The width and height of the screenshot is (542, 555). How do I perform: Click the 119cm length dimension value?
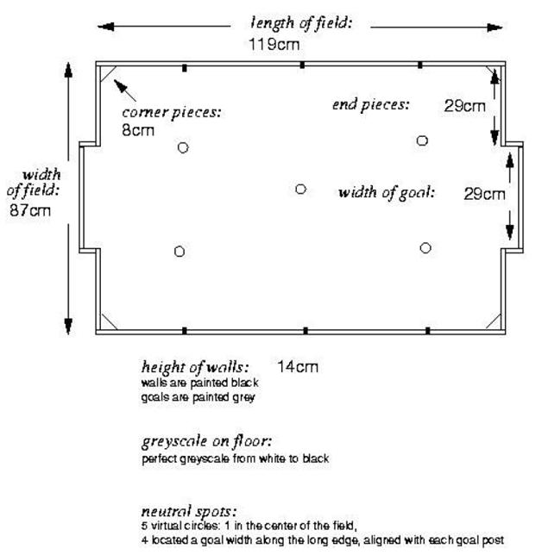(274, 45)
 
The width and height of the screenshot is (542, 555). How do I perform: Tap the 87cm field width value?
(30, 210)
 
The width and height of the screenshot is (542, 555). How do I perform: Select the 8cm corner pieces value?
(138, 130)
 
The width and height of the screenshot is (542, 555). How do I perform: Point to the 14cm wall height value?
(298, 367)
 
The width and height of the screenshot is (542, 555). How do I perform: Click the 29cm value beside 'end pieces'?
(464, 106)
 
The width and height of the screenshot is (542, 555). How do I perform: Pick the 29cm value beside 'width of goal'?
(484, 194)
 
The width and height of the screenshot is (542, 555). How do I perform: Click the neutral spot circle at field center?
(300, 189)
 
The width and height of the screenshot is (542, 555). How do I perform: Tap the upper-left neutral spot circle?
(183, 147)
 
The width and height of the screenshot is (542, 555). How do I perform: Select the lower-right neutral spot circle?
(425, 248)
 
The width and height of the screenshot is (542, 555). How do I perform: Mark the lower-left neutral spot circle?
(180, 252)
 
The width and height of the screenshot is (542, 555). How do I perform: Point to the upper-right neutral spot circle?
(422, 140)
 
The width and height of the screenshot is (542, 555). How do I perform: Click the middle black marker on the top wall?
(302, 65)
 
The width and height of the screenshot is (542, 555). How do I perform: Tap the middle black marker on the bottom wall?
(306, 331)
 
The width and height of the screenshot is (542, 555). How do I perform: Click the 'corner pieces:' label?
(172, 113)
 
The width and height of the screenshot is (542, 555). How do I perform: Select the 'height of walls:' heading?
(194, 367)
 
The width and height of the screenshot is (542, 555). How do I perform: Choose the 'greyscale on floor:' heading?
(206, 441)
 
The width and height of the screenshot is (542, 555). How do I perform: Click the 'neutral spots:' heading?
(189, 511)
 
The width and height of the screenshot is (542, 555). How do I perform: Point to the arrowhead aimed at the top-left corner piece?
(120, 86)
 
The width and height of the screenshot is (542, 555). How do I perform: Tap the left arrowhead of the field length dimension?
(105, 27)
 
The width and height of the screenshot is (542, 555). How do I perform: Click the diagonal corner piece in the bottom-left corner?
(110, 321)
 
